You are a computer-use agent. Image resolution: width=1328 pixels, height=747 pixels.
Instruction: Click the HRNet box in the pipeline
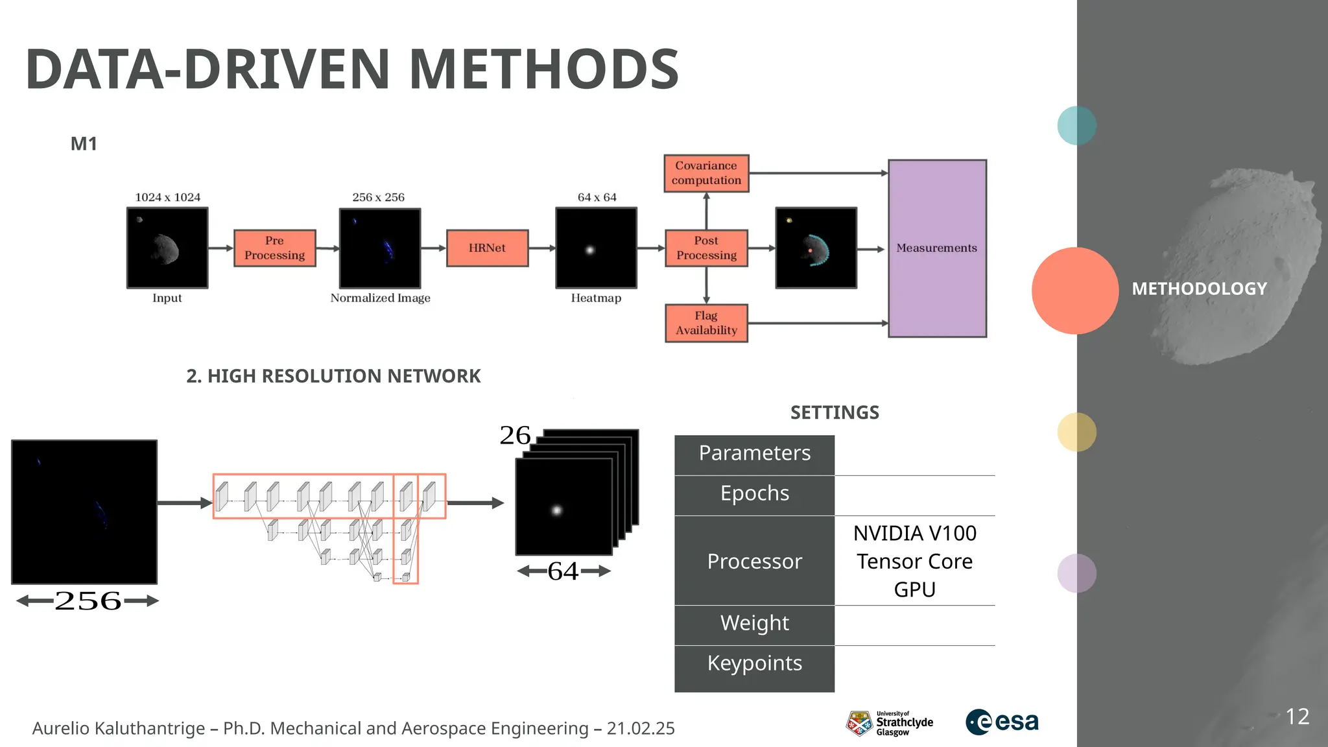[487, 248]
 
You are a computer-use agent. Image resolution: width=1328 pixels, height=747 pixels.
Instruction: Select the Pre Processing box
[274, 248]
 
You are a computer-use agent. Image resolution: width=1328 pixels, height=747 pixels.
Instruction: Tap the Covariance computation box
[706, 173]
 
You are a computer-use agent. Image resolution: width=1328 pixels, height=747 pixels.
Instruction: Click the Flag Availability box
[706, 323]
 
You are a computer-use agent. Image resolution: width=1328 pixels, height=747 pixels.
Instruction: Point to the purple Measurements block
[937, 248]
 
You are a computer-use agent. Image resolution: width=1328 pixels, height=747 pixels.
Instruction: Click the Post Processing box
[706, 248]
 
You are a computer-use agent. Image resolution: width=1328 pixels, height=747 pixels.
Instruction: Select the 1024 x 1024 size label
[167, 197]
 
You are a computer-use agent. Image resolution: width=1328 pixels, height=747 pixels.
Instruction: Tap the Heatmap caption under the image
[596, 298]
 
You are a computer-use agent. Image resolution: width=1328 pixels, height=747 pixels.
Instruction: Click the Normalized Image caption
[380, 298]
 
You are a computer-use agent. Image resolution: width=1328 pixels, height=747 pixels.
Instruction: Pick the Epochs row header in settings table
[754, 494]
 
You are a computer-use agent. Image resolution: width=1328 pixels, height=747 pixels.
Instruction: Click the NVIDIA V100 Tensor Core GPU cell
[914, 561]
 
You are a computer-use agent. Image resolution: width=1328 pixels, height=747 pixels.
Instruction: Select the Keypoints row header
[754, 664]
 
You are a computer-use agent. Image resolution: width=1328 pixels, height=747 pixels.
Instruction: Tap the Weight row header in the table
[754, 624]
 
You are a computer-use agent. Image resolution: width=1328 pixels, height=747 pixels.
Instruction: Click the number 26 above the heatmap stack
[515, 436]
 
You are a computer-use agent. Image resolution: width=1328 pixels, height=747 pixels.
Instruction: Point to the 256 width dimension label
[88, 601]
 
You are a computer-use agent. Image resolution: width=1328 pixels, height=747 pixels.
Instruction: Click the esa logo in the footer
[1002, 722]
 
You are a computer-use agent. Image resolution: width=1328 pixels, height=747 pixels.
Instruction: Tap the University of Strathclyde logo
[889, 723]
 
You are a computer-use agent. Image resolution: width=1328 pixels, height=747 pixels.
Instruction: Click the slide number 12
[1297, 717]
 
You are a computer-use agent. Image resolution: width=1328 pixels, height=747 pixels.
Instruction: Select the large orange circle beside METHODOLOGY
[1074, 290]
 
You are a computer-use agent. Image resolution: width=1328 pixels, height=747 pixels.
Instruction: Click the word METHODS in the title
[543, 69]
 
